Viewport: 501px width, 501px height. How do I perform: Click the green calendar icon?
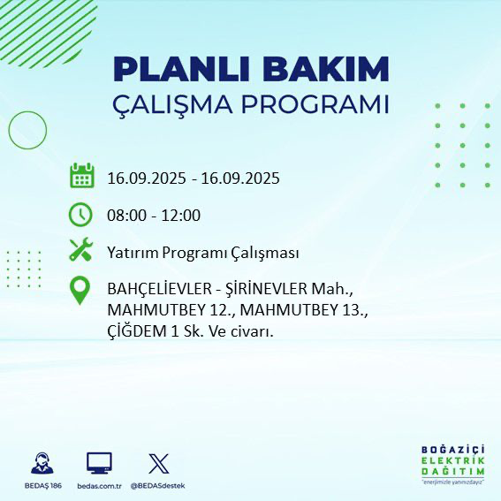click(x=81, y=177)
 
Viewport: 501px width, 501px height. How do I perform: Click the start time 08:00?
click(x=125, y=216)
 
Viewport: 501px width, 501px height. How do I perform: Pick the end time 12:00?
click(x=181, y=216)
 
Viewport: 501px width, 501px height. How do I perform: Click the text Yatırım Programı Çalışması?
click(x=202, y=253)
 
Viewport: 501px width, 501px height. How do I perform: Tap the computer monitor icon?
click(x=98, y=463)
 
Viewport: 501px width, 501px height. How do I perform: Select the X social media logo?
click(x=158, y=463)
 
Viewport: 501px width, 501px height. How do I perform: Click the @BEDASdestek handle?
click(x=158, y=486)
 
